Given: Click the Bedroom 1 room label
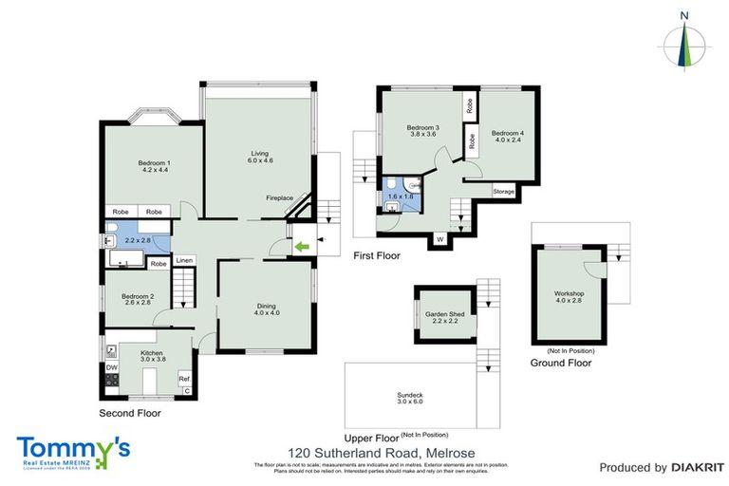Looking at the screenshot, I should (155, 165).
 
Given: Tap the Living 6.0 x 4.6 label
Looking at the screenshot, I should (261, 157).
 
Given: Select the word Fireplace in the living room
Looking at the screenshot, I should (279, 197).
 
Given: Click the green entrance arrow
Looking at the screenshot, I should (301, 249).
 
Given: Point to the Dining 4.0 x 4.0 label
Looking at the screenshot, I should (266, 308).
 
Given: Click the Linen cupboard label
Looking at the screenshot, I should (184, 261).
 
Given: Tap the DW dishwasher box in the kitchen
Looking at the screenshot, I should (111, 367).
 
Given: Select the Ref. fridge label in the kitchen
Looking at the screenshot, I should (184, 379).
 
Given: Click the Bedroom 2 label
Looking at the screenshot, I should (139, 298).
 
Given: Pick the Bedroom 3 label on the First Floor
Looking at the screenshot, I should (423, 131).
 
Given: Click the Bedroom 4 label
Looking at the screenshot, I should (508, 136).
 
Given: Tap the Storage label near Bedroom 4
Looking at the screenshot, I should (504, 192).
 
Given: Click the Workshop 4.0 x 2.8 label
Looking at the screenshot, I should (570, 296).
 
